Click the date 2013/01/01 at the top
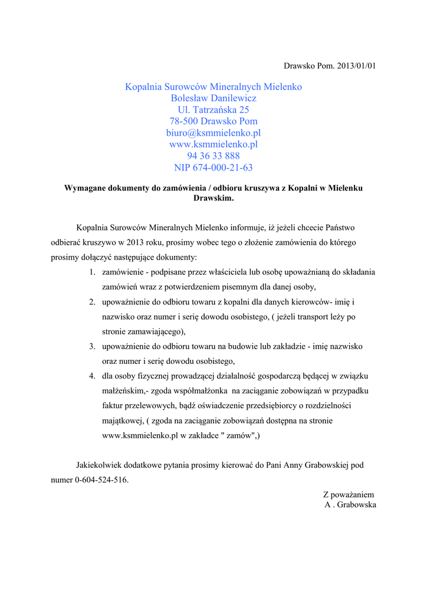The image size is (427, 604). click(x=356, y=65)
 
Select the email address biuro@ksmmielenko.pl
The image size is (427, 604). click(x=213, y=133)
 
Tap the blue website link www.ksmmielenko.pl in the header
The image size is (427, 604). click(x=213, y=144)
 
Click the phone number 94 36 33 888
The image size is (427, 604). click(x=213, y=156)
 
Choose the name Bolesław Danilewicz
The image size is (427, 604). click(x=213, y=98)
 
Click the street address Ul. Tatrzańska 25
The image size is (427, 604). click(x=213, y=110)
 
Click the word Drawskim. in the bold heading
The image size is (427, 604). click(x=213, y=198)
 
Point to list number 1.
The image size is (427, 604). click(x=93, y=273)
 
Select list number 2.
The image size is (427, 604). click(x=93, y=302)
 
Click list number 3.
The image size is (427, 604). click(x=93, y=346)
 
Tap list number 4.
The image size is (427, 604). click(x=93, y=376)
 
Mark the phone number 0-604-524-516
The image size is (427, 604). click(x=101, y=480)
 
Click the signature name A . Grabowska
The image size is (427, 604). click(x=350, y=505)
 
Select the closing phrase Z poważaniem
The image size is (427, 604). click(x=348, y=494)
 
